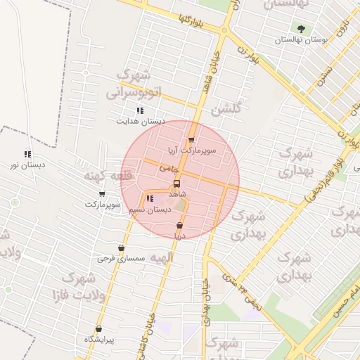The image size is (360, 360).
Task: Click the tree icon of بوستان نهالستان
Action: coord(302,30)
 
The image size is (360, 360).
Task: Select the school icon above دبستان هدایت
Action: coord(140,110)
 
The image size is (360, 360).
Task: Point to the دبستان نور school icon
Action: coord(27,154)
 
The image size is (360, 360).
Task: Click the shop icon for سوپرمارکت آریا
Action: coord(191,140)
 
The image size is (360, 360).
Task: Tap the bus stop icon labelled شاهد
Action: coord(176,184)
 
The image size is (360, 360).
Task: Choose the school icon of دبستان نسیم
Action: coord(149,199)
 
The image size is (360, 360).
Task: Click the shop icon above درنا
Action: coord(179,226)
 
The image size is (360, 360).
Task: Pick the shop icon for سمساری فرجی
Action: coord(122,248)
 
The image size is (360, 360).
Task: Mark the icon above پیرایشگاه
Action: coord(98,329)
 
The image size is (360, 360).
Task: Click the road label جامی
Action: coord(169,169)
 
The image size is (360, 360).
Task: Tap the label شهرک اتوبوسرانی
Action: coord(134,84)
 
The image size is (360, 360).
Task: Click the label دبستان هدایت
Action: coord(141,121)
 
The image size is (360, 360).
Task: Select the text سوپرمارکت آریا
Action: coord(191,150)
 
